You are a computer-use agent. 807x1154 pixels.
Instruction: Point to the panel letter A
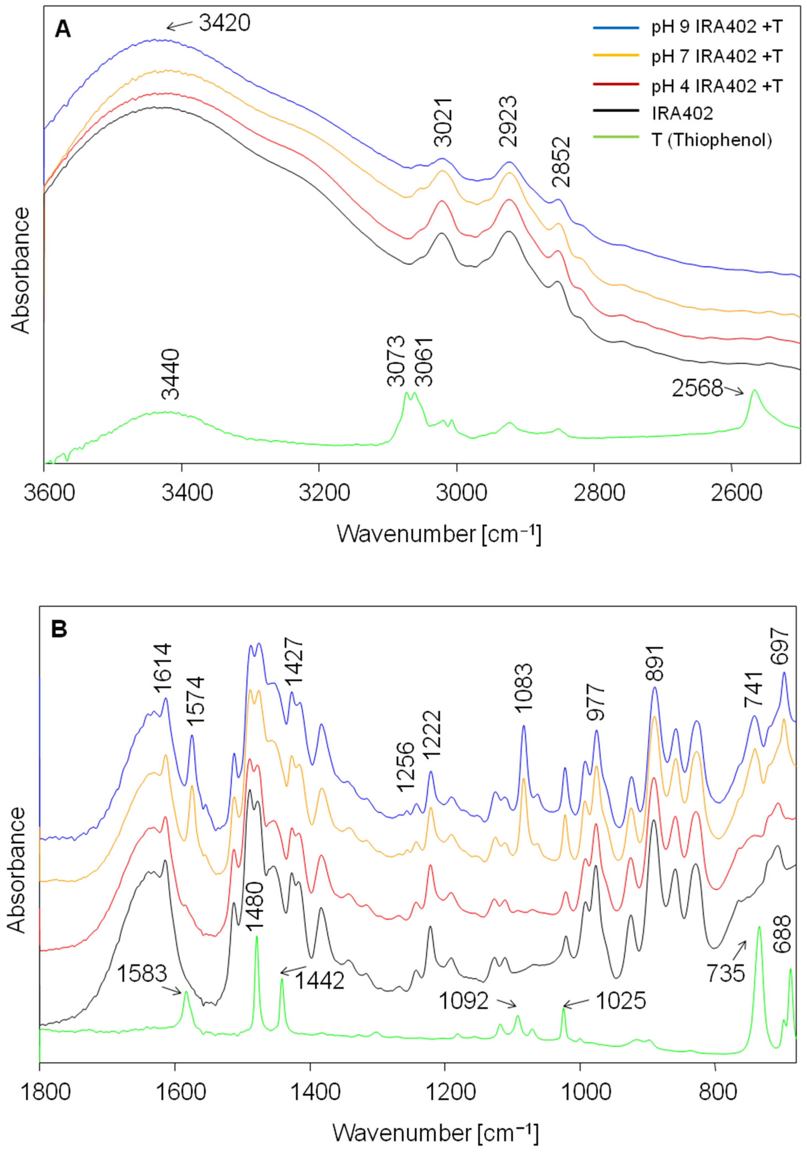point(63,30)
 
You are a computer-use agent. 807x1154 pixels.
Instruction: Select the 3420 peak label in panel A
point(224,23)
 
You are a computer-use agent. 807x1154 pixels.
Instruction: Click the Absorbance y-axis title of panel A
point(20,270)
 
